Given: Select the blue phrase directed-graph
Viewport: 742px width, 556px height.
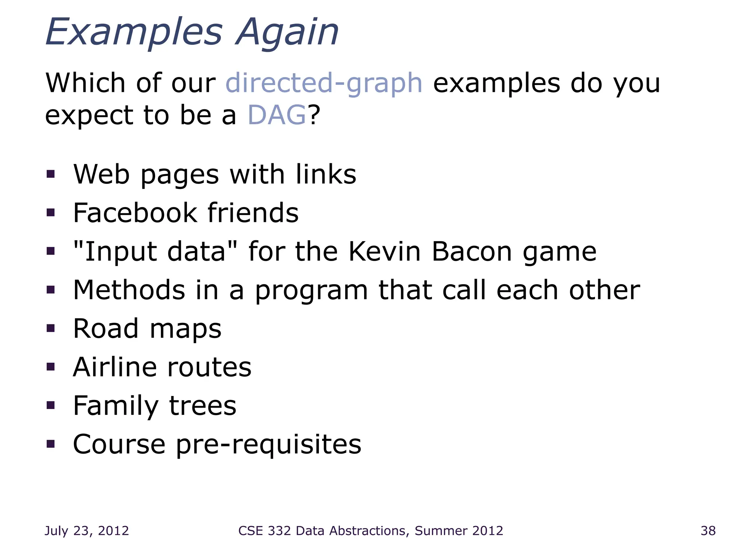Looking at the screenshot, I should tap(324, 83).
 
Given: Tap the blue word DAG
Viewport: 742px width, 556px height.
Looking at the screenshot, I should tap(277, 115).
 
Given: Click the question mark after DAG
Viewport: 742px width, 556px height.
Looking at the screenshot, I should tap(314, 115).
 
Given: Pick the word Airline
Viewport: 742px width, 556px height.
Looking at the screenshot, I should tap(114, 367).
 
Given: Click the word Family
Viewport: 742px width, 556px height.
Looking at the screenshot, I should tap(116, 406).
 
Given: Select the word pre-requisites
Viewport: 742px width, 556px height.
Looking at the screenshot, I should tap(268, 445).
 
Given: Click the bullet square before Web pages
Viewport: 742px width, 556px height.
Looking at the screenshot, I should tap(51, 174).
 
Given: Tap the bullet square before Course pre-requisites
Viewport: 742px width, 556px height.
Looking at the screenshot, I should tap(51, 444).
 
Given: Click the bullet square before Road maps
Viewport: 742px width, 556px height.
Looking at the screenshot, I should tap(51, 328).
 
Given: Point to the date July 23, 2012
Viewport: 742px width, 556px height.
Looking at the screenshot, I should tap(87, 531).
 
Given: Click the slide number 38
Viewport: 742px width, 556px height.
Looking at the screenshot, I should tap(708, 531).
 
